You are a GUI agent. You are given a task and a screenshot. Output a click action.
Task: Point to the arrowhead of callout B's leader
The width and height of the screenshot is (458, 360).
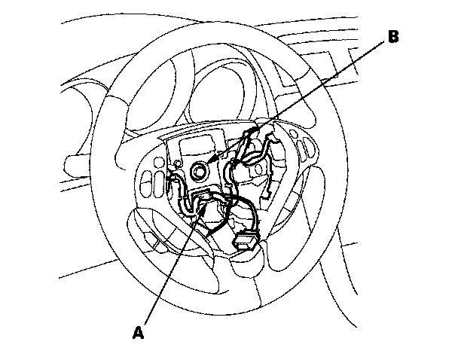tap(216, 160)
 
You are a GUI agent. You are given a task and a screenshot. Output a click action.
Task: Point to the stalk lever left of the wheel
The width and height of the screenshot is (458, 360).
tap(75, 163)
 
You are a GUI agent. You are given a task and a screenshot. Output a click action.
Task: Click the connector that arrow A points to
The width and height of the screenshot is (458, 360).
tap(202, 203)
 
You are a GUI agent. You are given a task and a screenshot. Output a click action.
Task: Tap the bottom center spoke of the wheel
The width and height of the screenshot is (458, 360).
tap(245, 264)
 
